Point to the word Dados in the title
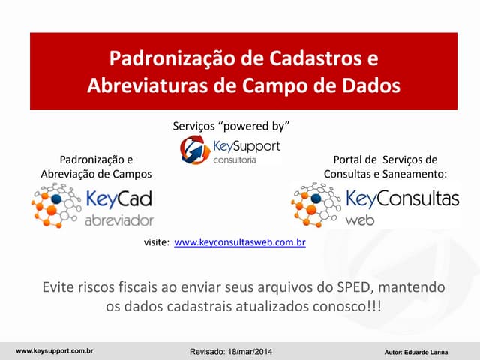click(x=370, y=85)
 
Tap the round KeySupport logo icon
click(x=195, y=149)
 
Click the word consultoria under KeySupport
click(x=235, y=160)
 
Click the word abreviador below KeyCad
click(x=118, y=220)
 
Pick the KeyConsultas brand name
click(x=402, y=199)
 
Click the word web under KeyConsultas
click(x=360, y=220)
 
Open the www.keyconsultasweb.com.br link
click(x=239, y=243)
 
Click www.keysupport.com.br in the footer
click(x=54, y=350)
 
